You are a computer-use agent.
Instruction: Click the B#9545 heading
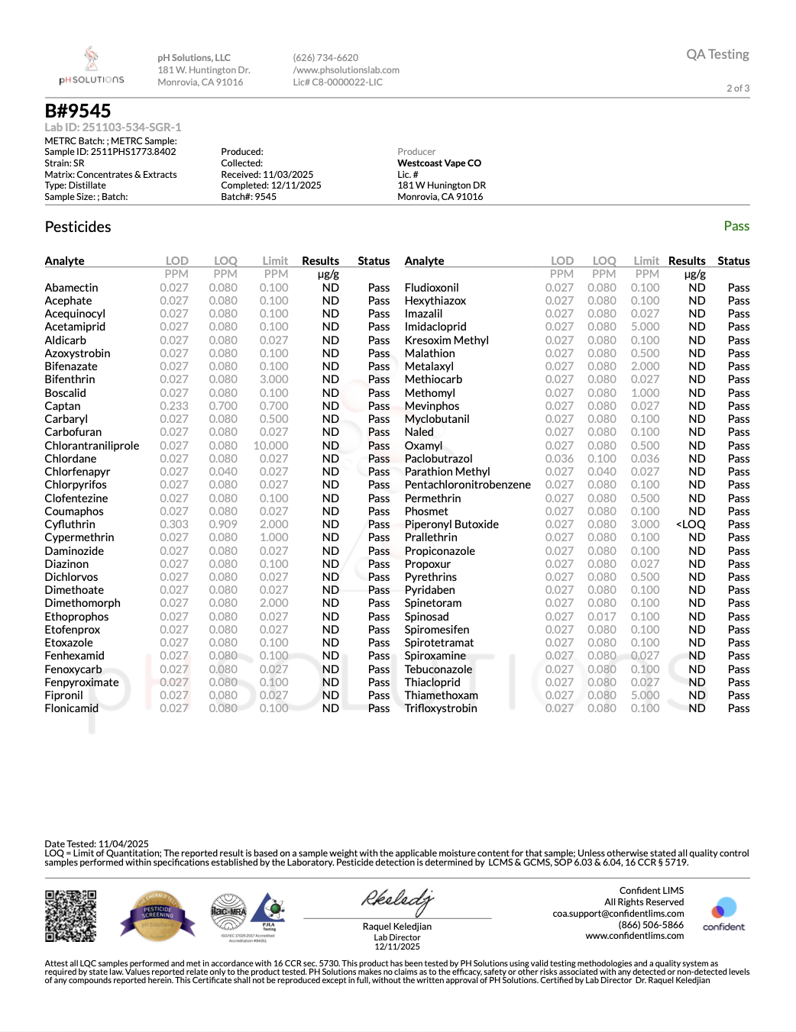click(78, 111)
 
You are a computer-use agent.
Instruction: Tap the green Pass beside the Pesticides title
click(736, 226)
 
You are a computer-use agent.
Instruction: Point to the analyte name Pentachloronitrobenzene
click(468, 485)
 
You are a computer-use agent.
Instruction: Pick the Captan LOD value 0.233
click(174, 406)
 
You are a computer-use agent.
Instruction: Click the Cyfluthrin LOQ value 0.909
click(223, 524)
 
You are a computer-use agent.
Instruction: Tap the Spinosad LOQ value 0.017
click(602, 617)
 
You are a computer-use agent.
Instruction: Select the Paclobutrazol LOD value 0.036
click(559, 459)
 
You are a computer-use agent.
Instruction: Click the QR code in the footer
click(70, 916)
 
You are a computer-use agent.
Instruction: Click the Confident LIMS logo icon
click(723, 909)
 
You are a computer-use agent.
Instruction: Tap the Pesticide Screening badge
click(157, 915)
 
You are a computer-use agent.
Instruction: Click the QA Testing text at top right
click(717, 54)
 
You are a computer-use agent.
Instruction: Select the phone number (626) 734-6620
click(325, 58)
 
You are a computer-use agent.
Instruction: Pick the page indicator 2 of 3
click(738, 89)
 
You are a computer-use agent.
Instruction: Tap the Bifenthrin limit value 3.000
click(273, 379)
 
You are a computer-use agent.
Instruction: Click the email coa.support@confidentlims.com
click(618, 914)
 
